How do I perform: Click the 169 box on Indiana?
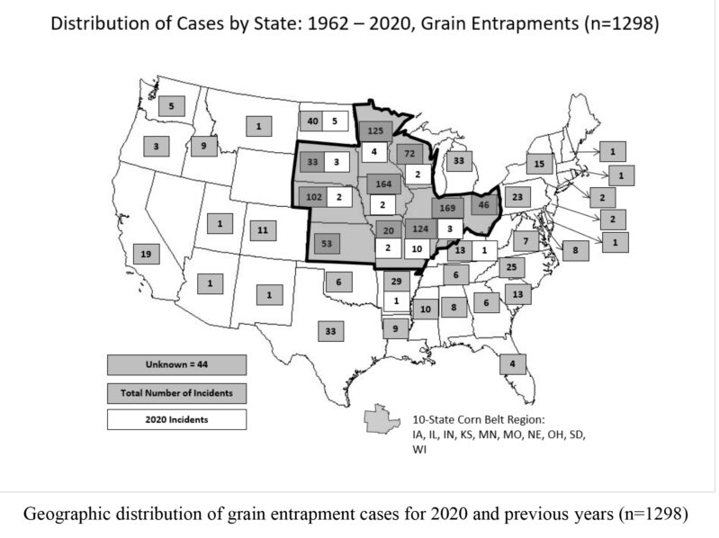pos(448,208)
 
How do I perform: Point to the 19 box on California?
pos(146,255)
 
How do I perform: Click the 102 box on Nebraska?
pos(315,197)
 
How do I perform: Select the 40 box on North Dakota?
pos(312,121)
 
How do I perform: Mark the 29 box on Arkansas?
pos(396,282)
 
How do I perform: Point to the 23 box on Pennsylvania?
pos(517,195)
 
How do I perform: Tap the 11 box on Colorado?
pos(261,231)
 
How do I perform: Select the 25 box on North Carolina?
pos(511,267)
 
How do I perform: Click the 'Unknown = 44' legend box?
pos(176,364)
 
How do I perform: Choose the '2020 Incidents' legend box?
pos(176,418)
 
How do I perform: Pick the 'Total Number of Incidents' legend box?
pos(176,391)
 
